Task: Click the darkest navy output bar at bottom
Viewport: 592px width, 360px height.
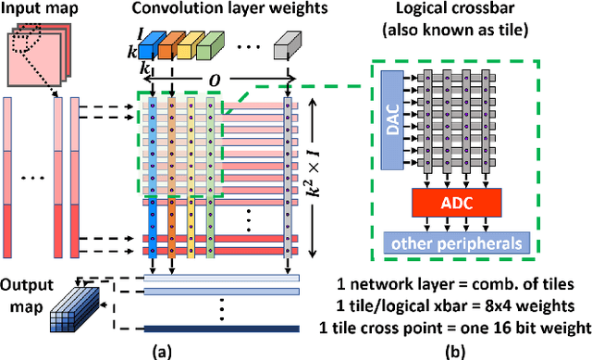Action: tap(222, 328)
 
